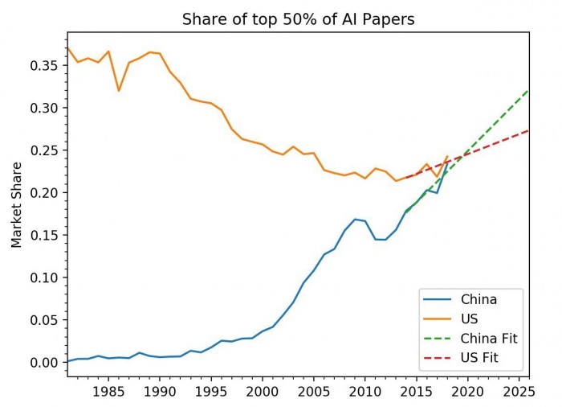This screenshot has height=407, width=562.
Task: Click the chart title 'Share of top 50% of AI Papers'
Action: (298, 19)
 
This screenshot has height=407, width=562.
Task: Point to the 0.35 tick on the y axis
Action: (47, 65)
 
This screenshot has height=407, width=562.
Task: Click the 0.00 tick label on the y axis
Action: (47, 363)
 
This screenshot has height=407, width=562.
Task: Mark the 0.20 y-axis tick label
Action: (47, 193)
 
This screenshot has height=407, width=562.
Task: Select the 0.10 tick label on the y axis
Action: (47, 277)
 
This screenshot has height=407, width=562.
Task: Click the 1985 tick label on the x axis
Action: (108, 392)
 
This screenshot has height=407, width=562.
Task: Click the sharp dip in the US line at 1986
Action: (119, 90)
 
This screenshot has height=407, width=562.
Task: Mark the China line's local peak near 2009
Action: (355, 219)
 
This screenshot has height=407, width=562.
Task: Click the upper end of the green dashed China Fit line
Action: (528, 90)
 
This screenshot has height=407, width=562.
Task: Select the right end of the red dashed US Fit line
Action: (528, 130)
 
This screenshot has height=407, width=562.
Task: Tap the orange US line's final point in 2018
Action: (447, 157)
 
